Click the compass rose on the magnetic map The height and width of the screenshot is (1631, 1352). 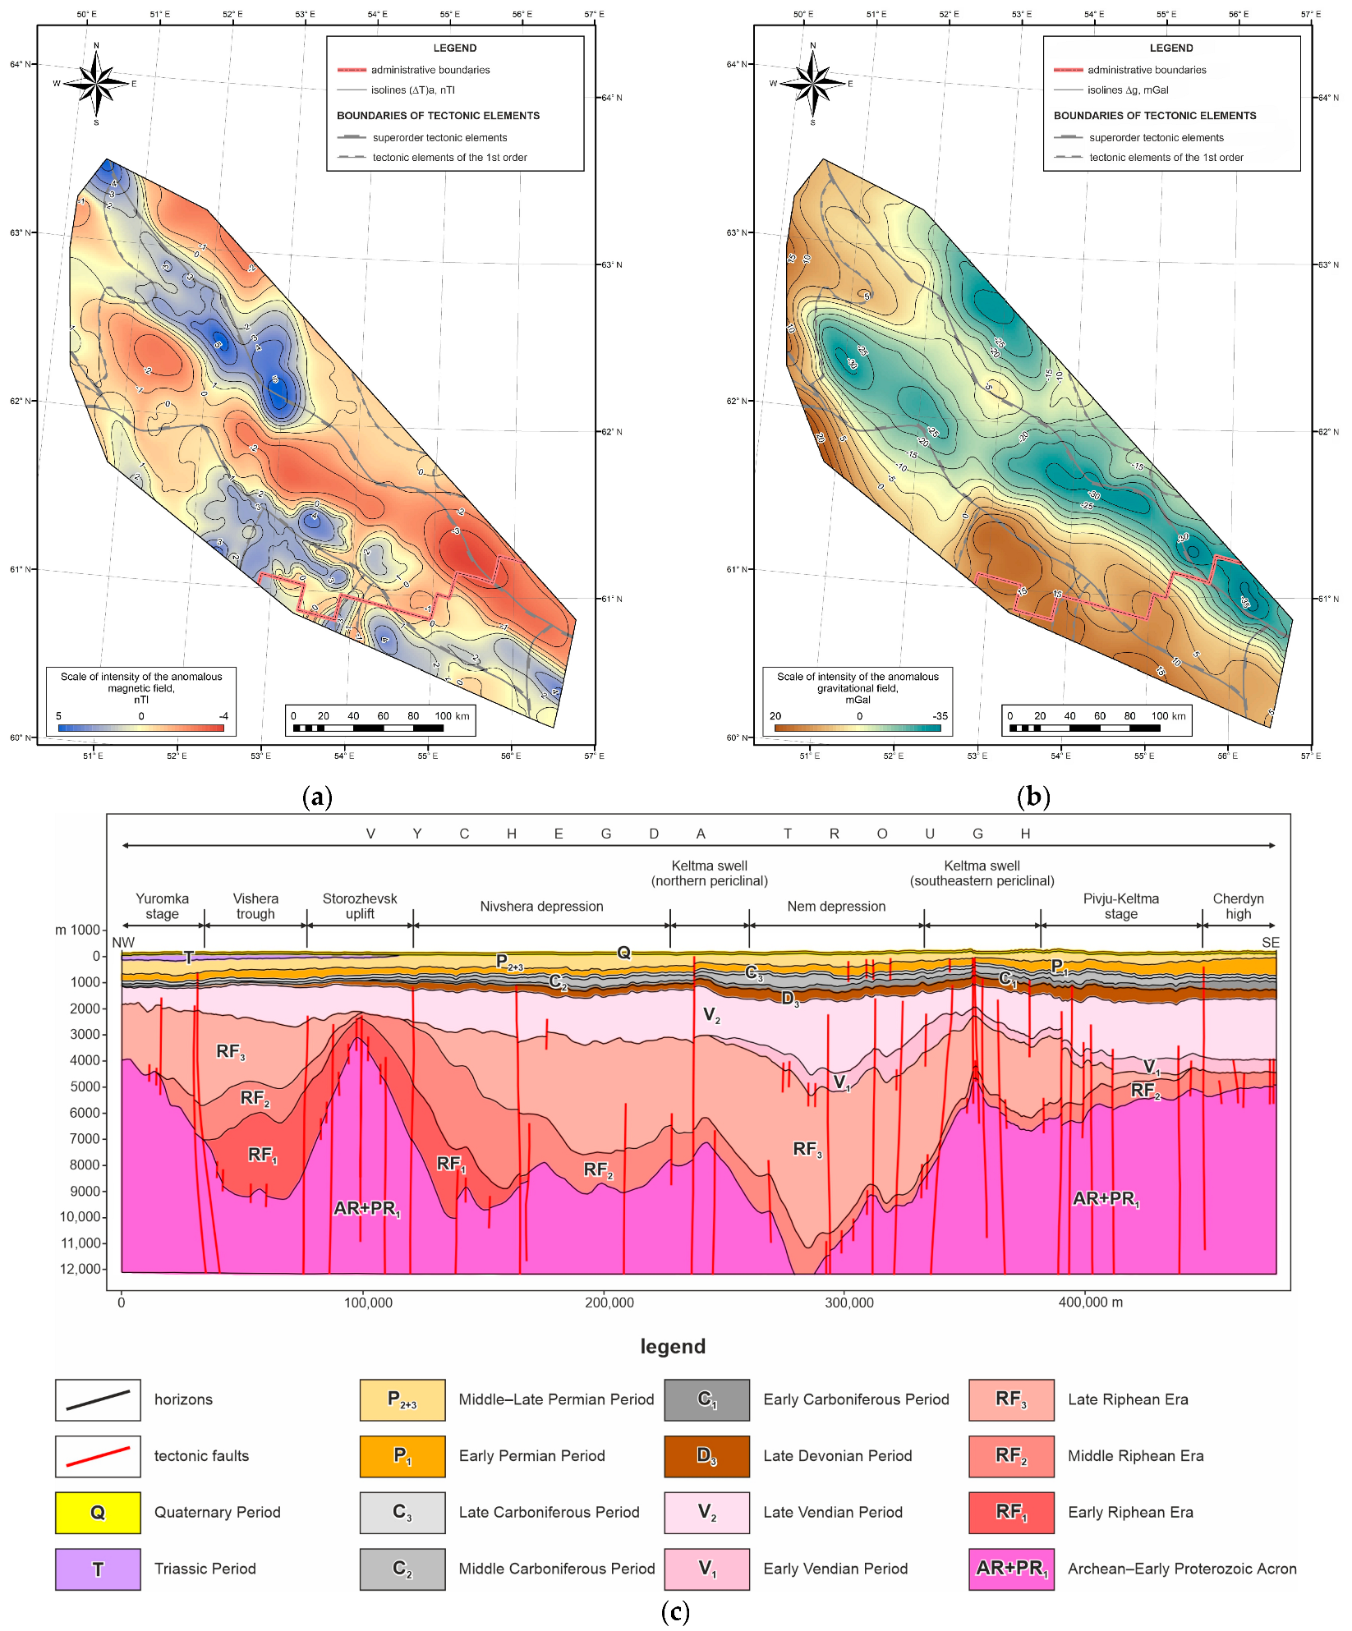[x=96, y=83]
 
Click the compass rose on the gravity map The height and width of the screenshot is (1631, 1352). [x=812, y=83]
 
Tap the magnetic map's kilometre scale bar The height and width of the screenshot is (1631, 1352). [x=368, y=728]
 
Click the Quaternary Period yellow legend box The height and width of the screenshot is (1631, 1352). [x=98, y=1513]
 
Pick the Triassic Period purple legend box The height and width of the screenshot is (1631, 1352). [x=98, y=1569]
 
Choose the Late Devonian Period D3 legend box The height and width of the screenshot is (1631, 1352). [x=706, y=1456]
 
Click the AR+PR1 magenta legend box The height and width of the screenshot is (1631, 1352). [x=1011, y=1569]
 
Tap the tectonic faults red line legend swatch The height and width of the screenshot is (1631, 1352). [x=98, y=1456]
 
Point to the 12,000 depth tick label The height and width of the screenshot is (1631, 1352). [x=80, y=1269]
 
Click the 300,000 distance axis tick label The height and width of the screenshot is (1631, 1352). [x=849, y=1303]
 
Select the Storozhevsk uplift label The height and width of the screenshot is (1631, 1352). [x=360, y=906]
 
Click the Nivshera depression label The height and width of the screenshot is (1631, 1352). [x=541, y=907]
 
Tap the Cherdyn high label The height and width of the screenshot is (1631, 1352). [x=1238, y=906]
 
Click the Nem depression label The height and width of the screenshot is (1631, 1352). [x=836, y=907]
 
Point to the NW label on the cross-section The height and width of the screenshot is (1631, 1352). [x=123, y=943]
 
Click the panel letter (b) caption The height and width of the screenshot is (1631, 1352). [x=1032, y=796]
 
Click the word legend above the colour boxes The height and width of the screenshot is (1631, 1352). [x=673, y=1346]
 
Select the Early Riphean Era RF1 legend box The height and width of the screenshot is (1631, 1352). [x=1011, y=1513]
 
